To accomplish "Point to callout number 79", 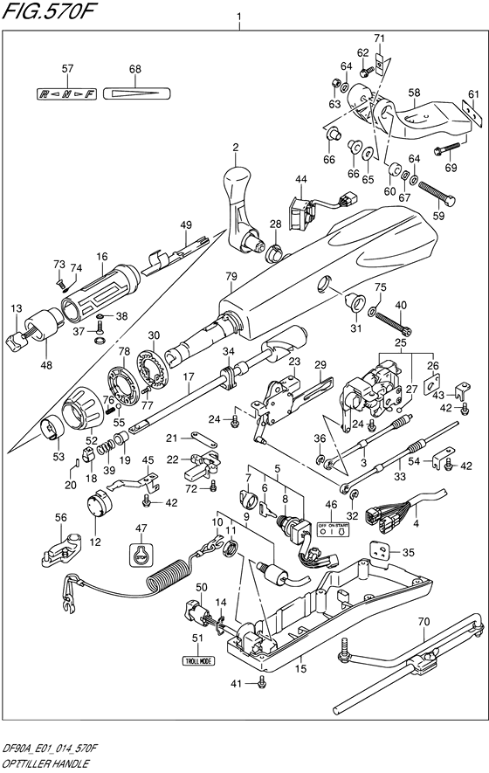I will tap(231, 277).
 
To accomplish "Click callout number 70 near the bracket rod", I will tap(424, 622).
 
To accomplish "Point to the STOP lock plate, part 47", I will tap(141, 553).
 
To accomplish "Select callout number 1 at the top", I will tap(238, 17).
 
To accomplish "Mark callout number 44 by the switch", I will tap(300, 180).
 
